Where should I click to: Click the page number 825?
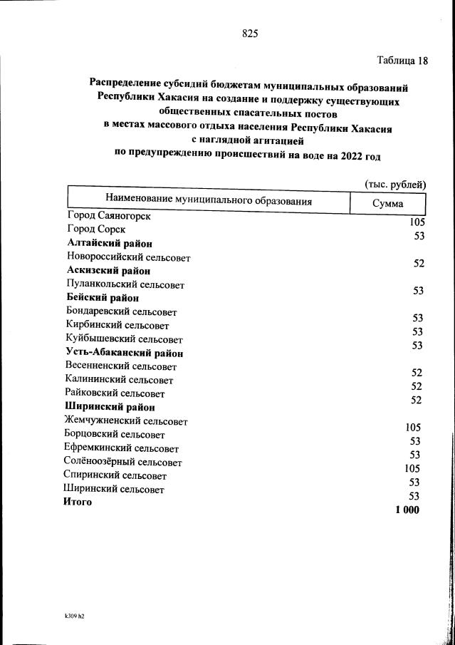pyautogui.click(x=249, y=33)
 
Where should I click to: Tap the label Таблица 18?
pyautogui.click(x=402, y=60)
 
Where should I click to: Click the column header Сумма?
pyautogui.click(x=388, y=204)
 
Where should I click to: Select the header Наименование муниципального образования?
pyautogui.click(x=209, y=200)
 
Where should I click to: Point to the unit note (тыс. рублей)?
pyautogui.click(x=394, y=184)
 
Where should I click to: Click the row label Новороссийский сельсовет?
pyautogui.click(x=128, y=257)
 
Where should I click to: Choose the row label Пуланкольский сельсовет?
pyautogui.click(x=125, y=284)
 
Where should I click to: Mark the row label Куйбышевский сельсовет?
pyautogui.click(x=123, y=339)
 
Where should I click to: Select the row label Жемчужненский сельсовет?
pyautogui.click(x=125, y=421)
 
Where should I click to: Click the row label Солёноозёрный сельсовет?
pyautogui.click(x=122, y=463)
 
